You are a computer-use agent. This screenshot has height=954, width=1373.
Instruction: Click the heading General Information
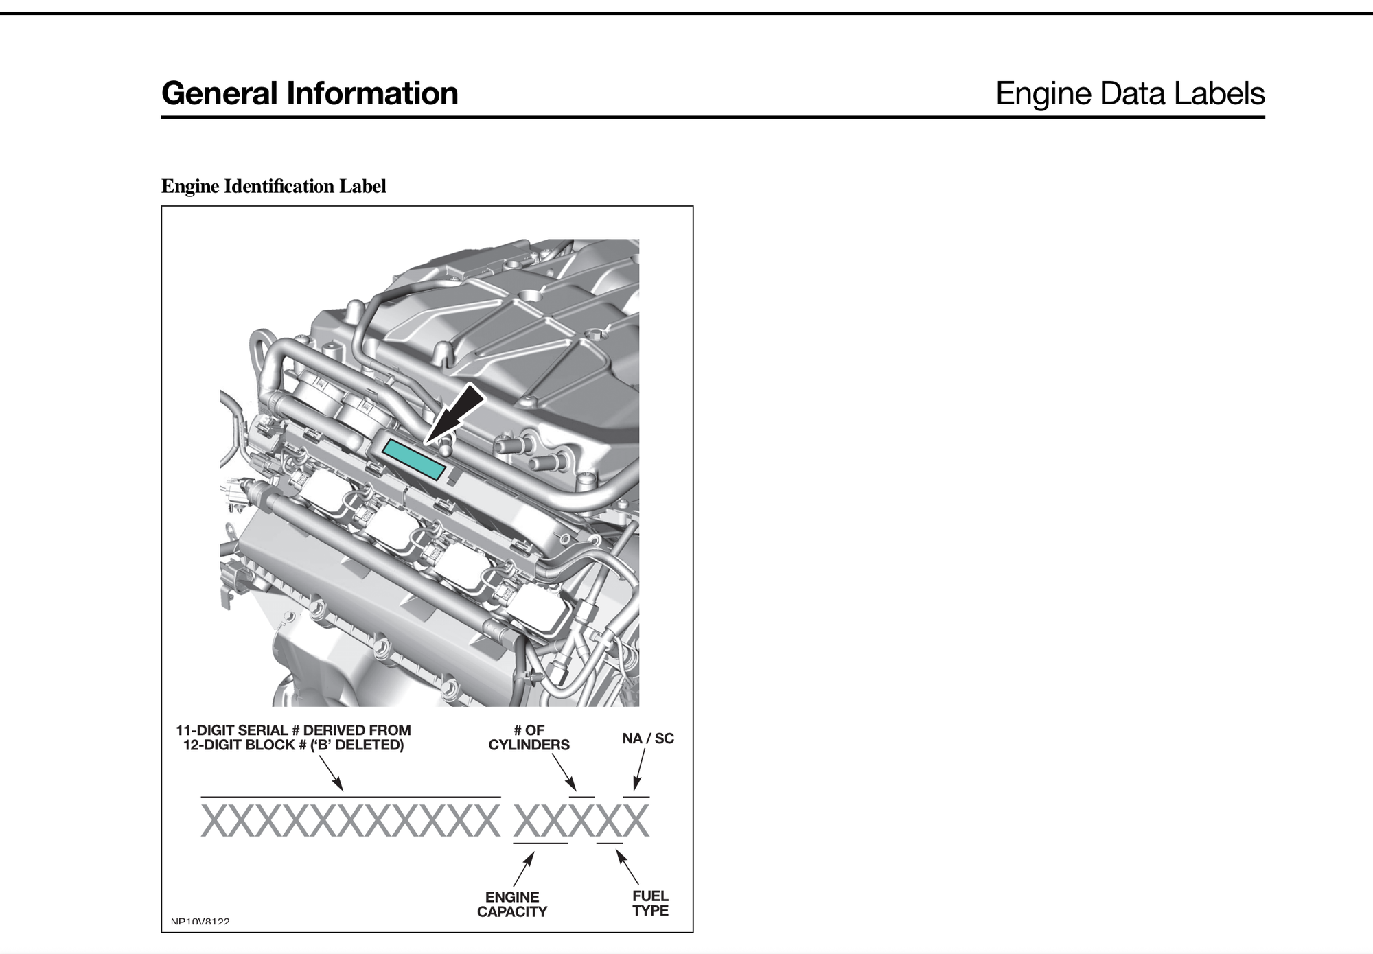(x=310, y=93)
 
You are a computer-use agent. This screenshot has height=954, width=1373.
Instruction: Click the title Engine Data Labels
(x=1129, y=93)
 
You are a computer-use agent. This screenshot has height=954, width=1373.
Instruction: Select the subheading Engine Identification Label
(x=273, y=186)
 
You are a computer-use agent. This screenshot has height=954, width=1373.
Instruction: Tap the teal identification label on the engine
(x=414, y=458)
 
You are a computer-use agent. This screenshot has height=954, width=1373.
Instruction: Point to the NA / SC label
(x=647, y=738)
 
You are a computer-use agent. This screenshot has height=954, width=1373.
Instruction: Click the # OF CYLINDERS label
(x=529, y=738)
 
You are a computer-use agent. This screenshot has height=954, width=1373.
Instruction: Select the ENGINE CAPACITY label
(x=512, y=905)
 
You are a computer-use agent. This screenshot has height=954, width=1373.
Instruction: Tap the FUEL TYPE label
(x=650, y=903)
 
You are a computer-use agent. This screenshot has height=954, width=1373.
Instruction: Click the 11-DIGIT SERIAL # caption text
(x=293, y=738)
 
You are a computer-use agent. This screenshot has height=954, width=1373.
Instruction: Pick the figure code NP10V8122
(x=200, y=922)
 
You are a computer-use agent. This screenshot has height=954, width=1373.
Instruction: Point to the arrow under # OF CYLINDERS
(x=564, y=772)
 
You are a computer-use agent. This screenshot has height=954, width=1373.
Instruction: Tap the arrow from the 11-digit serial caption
(x=331, y=773)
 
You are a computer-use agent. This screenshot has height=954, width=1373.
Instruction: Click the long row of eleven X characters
(x=350, y=821)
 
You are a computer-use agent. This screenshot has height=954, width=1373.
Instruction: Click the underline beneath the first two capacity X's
(x=540, y=843)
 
